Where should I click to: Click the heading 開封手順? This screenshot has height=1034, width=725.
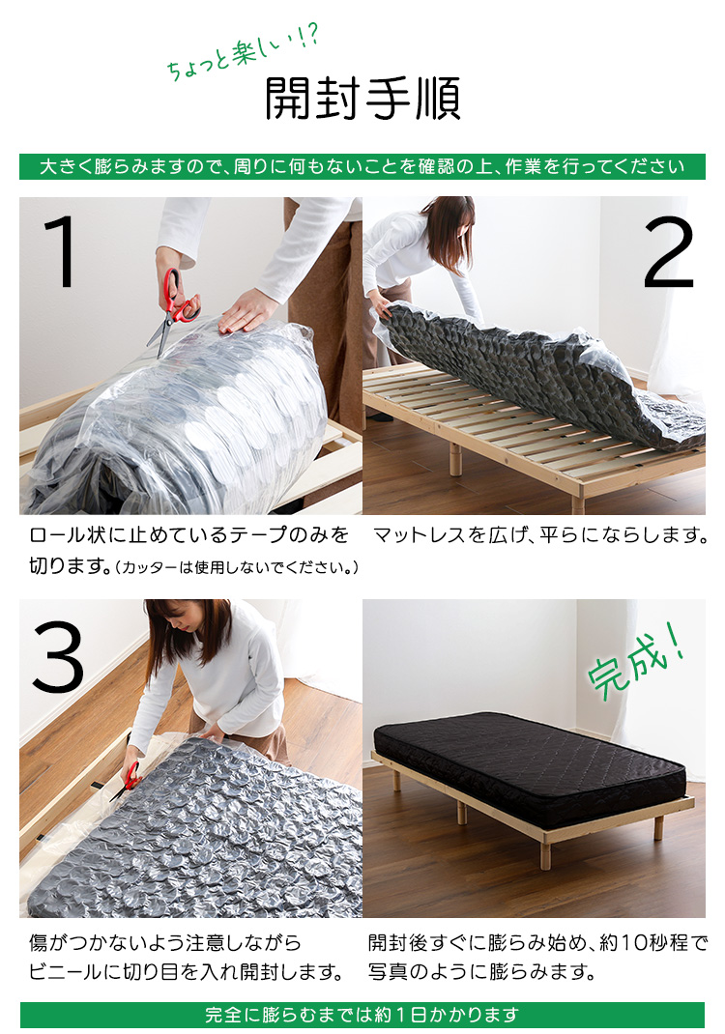click(x=362, y=100)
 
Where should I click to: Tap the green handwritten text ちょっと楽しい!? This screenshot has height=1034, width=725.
click(x=242, y=54)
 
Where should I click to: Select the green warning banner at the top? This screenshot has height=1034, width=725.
click(x=362, y=166)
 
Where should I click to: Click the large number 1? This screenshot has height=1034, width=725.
click(x=61, y=253)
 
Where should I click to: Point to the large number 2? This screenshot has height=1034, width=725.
click(x=669, y=253)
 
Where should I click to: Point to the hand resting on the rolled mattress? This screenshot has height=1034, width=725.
click(x=247, y=311)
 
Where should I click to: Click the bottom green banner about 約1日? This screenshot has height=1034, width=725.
click(x=362, y=1015)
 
